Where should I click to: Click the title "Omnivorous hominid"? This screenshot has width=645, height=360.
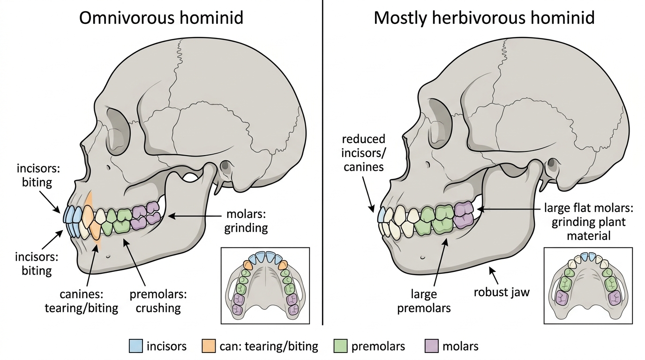pos(161,18)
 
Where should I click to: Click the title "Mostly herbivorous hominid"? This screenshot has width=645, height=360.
pos(484,18)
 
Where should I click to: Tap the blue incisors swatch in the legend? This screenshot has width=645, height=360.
pos(135,346)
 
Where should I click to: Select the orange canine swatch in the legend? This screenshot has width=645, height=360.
pos(209,346)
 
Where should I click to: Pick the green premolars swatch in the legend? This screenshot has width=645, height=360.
pos(340,346)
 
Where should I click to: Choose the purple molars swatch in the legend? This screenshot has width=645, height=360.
pos(432,346)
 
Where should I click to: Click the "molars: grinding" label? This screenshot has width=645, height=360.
pos(246,221)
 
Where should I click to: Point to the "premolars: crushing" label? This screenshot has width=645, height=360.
pos(158,301)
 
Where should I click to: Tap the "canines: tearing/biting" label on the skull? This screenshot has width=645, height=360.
pos(82,301)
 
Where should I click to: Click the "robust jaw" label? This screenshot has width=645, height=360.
pos(502,292)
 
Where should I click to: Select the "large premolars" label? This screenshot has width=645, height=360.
pos(424,301)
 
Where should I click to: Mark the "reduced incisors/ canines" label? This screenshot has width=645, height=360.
pos(363,153)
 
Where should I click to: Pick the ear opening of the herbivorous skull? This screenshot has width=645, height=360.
pos(551,163)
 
